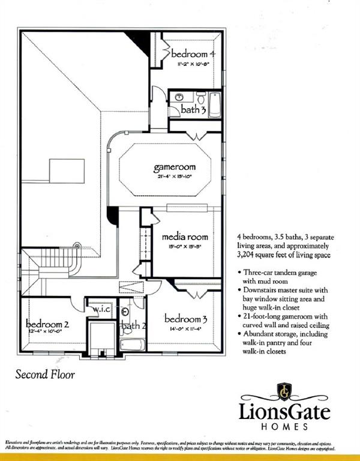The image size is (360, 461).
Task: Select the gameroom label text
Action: (x=174, y=167)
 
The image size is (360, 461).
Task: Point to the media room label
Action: (x=185, y=236)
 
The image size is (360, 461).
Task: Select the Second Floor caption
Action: (x=45, y=375)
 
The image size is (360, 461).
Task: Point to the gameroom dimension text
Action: (x=174, y=177)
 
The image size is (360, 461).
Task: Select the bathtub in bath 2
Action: (x=133, y=345)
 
